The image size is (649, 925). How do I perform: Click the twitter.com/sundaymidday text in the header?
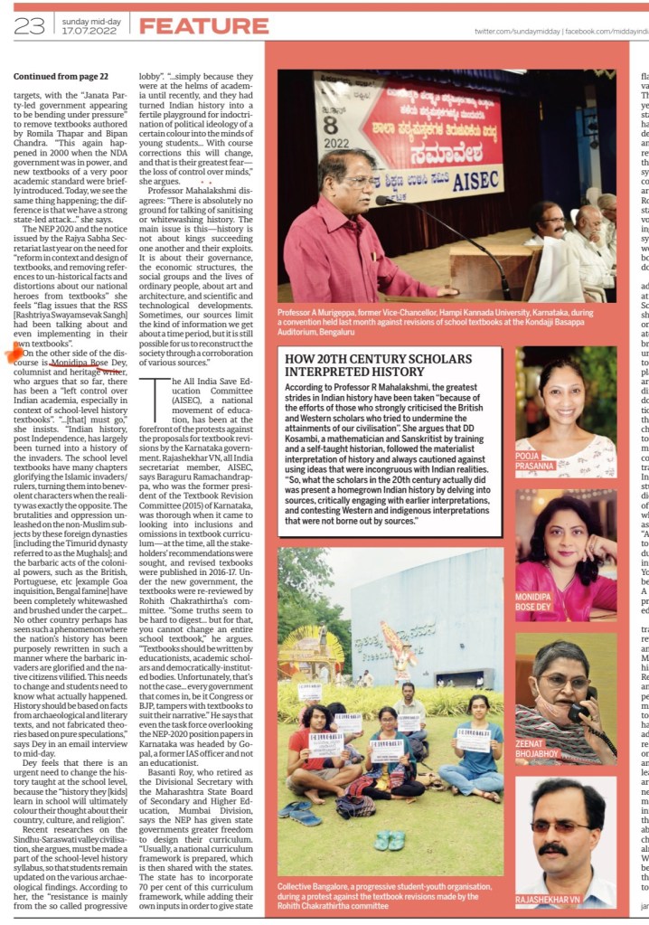(x=516, y=32)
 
